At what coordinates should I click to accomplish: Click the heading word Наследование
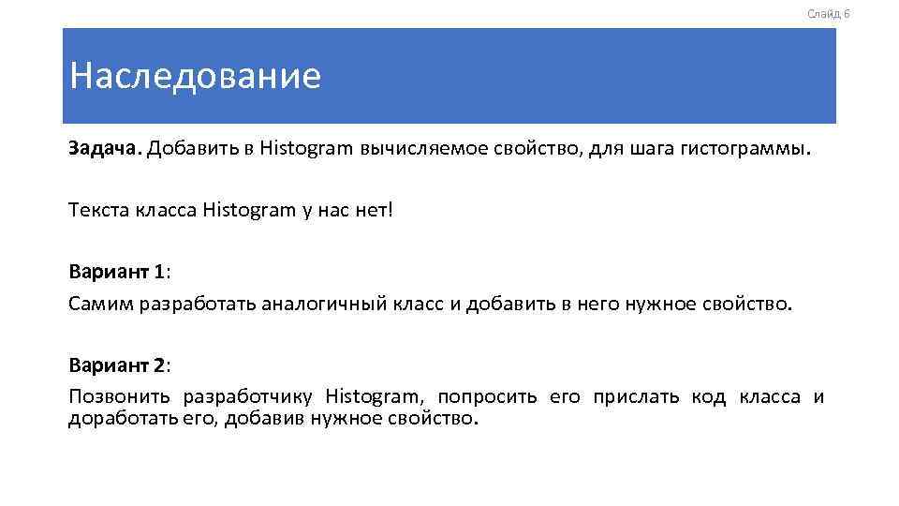pyautogui.click(x=195, y=76)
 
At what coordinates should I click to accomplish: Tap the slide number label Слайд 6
pyautogui.click(x=828, y=13)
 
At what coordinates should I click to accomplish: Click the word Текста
pyautogui.click(x=100, y=210)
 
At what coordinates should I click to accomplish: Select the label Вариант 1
pyautogui.click(x=117, y=272)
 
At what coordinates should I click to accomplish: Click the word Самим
pyautogui.click(x=100, y=304)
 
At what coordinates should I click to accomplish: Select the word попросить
pyautogui.click(x=487, y=396)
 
